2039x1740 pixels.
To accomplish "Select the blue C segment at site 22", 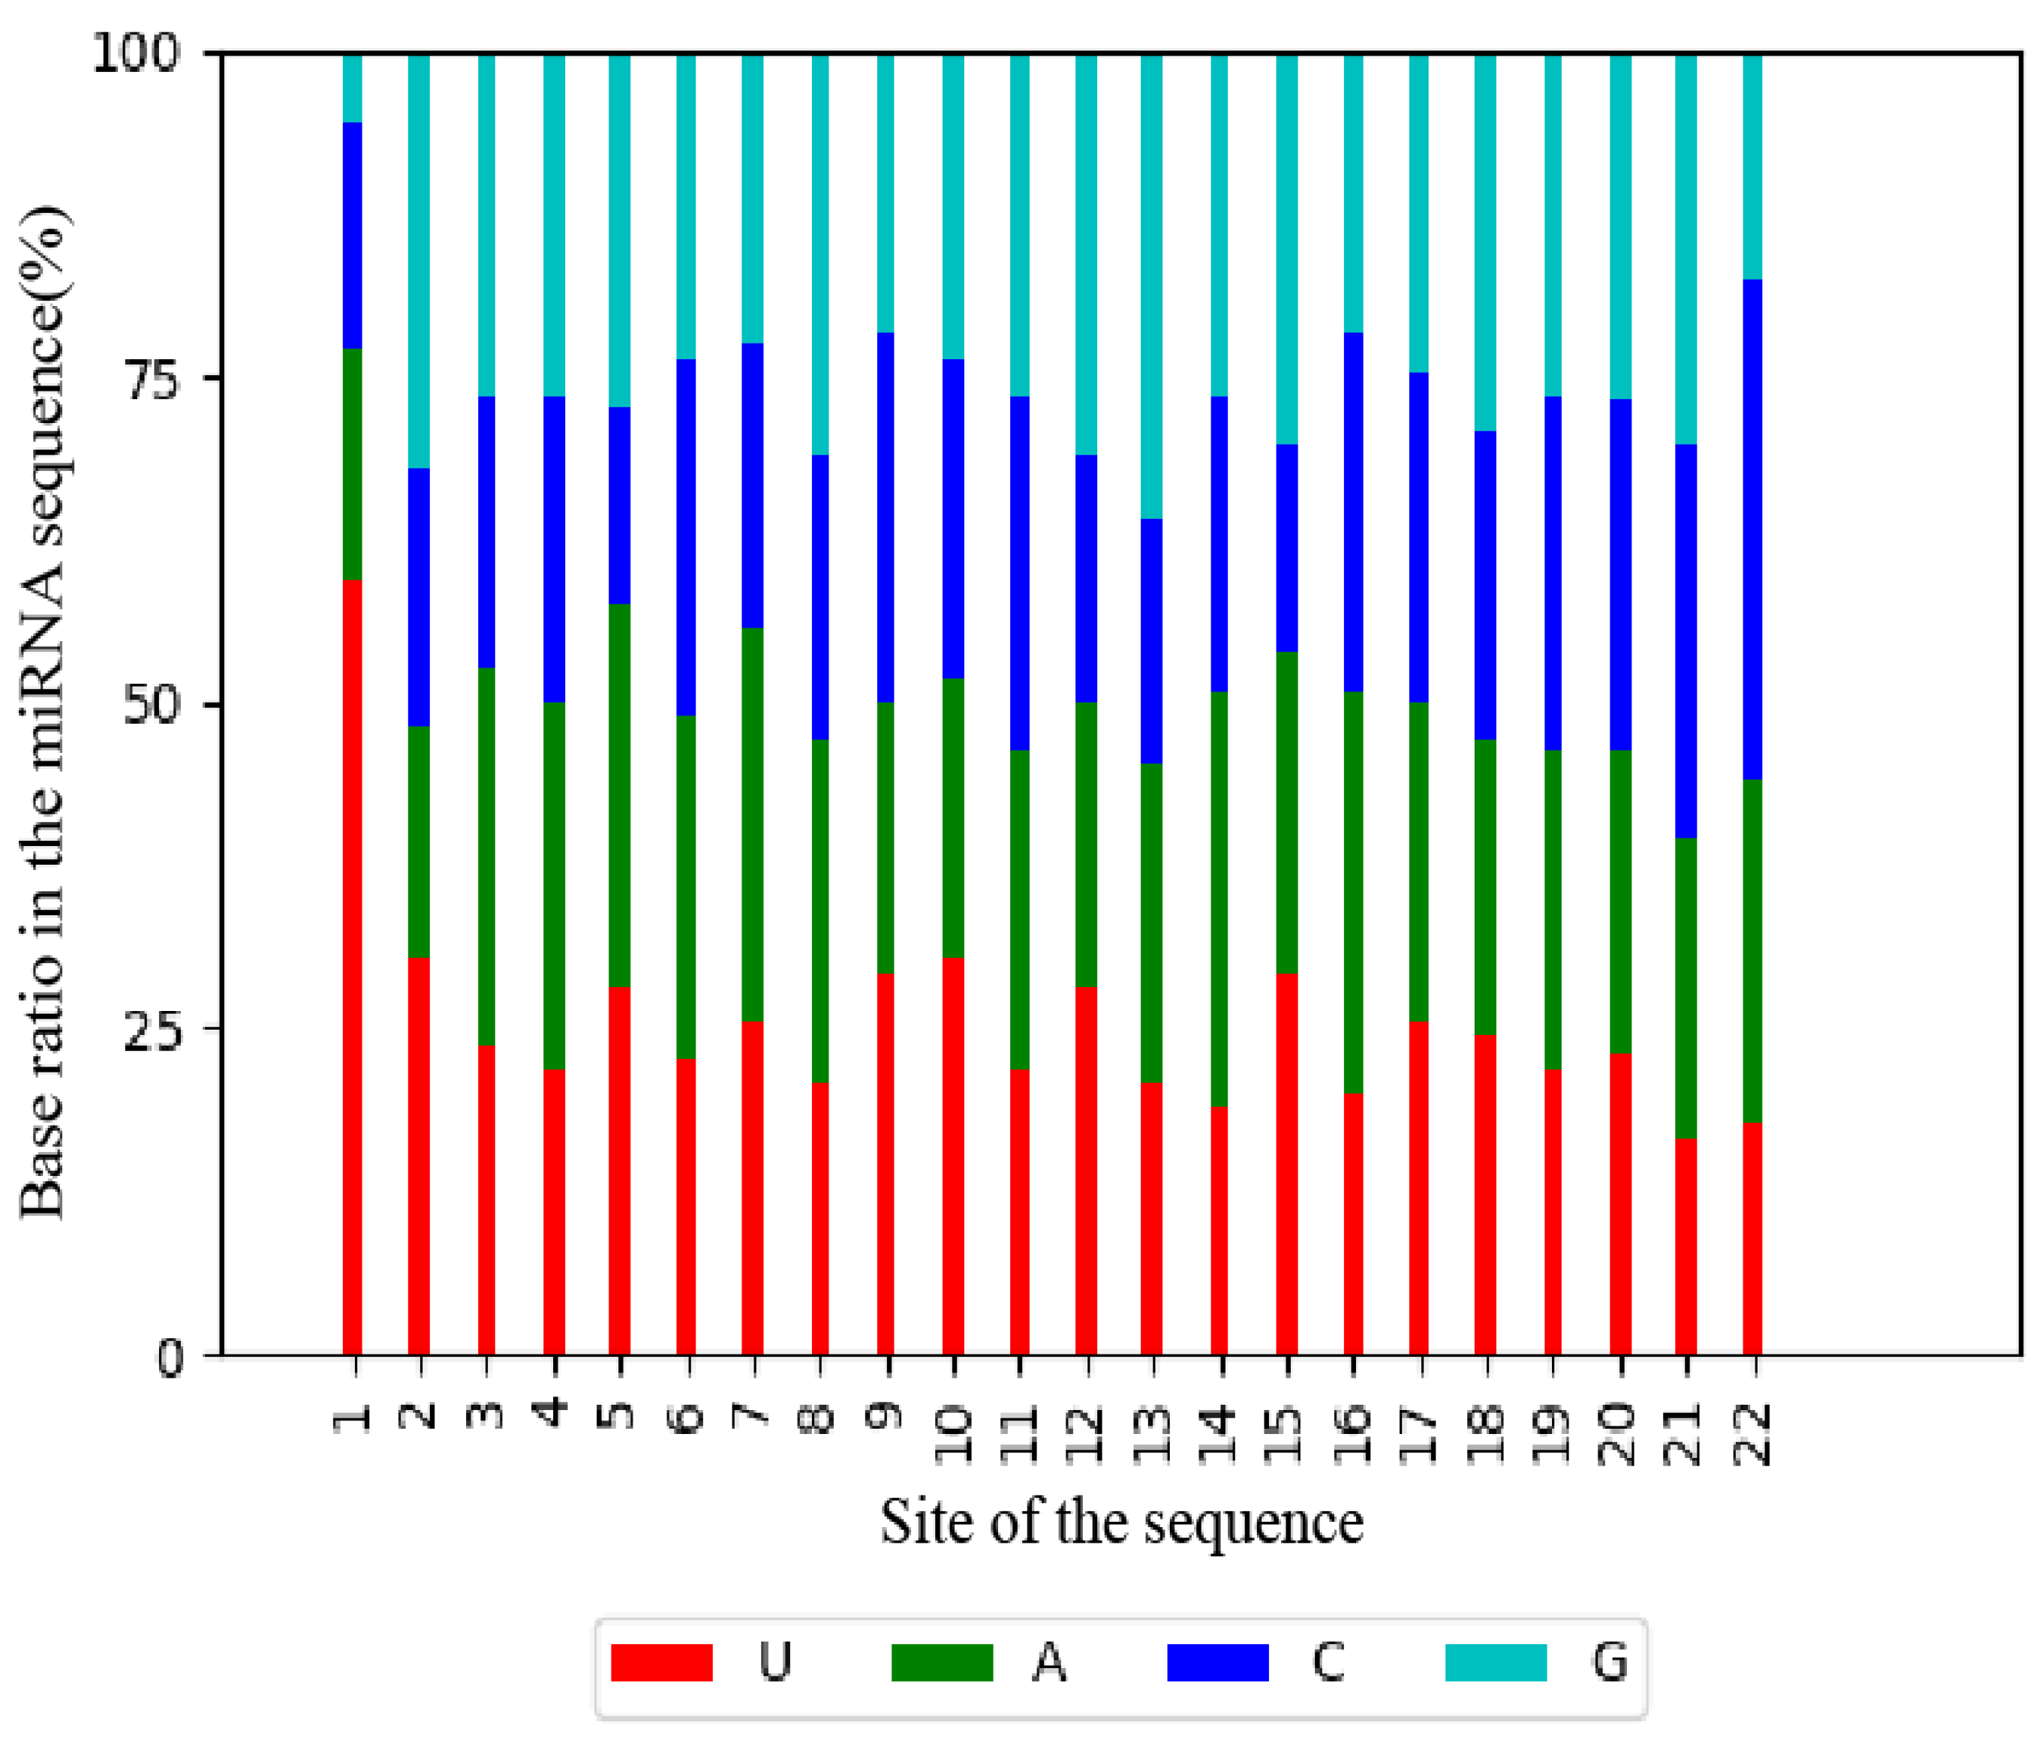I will pyautogui.click(x=1752, y=529).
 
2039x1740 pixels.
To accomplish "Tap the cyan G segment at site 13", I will pyautogui.click(x=1151, y=285).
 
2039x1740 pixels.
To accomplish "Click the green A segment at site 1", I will pyautogui.click(x=352, y=464).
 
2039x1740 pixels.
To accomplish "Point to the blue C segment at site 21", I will pyautogui.click(x=1686, y=640).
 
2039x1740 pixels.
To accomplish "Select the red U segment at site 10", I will pyautogui.click(x=952, y=1156).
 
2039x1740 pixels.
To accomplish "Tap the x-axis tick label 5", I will pyautogui.click(x=620, y=1415).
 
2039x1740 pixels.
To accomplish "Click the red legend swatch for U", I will pyautogui.click(x=661, y=1662).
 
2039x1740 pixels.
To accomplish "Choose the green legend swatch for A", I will pyautogui.click(x=942, y=1662).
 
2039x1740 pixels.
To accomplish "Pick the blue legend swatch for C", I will pyautogui.click(x=1217, y=1662).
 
